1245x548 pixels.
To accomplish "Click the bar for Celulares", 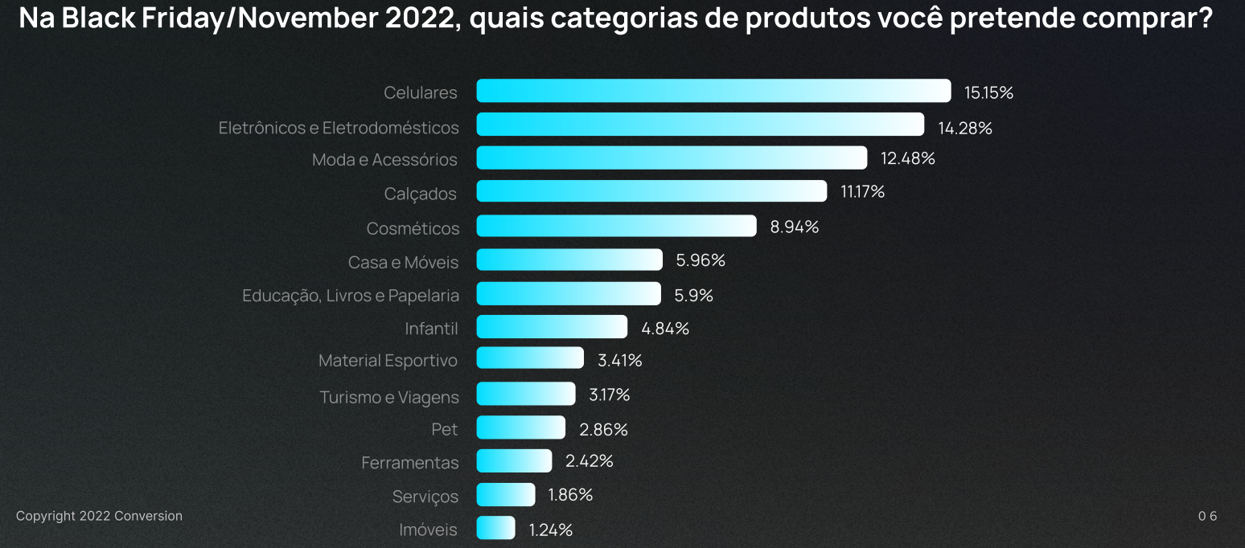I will pyautogui.click(x=713, y=91).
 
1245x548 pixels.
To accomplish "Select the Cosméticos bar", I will pyautogui.click(x=616, y=226).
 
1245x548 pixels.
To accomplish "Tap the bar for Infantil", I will pyautogui.click(x=552, y=327).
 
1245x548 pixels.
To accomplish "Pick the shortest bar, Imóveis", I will pyautogui.click(x=495, y=528).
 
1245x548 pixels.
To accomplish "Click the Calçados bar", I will pyautogui.click(x=651, y=191).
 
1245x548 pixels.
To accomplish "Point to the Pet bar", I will pyautogui.click(x=521, y=427).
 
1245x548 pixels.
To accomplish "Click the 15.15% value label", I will pyautogui.click(x=988, y=92).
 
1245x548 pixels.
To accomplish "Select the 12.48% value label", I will pyautogui.click(x=907, y=158).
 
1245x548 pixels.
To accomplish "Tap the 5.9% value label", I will pyautogui.click(x=693, y=295).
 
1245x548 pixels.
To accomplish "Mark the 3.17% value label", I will pyautogui.click(x=609, y=395).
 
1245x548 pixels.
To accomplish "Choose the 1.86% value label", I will pyautogui.click(x=570, y=495).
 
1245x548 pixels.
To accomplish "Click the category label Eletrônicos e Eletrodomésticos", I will pyautogui.click(x=339, y=128).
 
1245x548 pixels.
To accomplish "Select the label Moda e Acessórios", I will pyautogui.click(x=384, y=160).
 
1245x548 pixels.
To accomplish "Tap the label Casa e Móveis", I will pyautogui.click(x=403, y=263).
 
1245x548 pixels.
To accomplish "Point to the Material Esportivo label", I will pyautogui.click(x=388, y=361).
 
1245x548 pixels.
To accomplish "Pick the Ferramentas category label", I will pyautogui.click(x=409, y=463).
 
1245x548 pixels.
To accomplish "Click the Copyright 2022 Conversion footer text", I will pyautogui.click(x=99, y=516).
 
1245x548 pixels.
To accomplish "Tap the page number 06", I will pyautogui.click(x=1207, y=516).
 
